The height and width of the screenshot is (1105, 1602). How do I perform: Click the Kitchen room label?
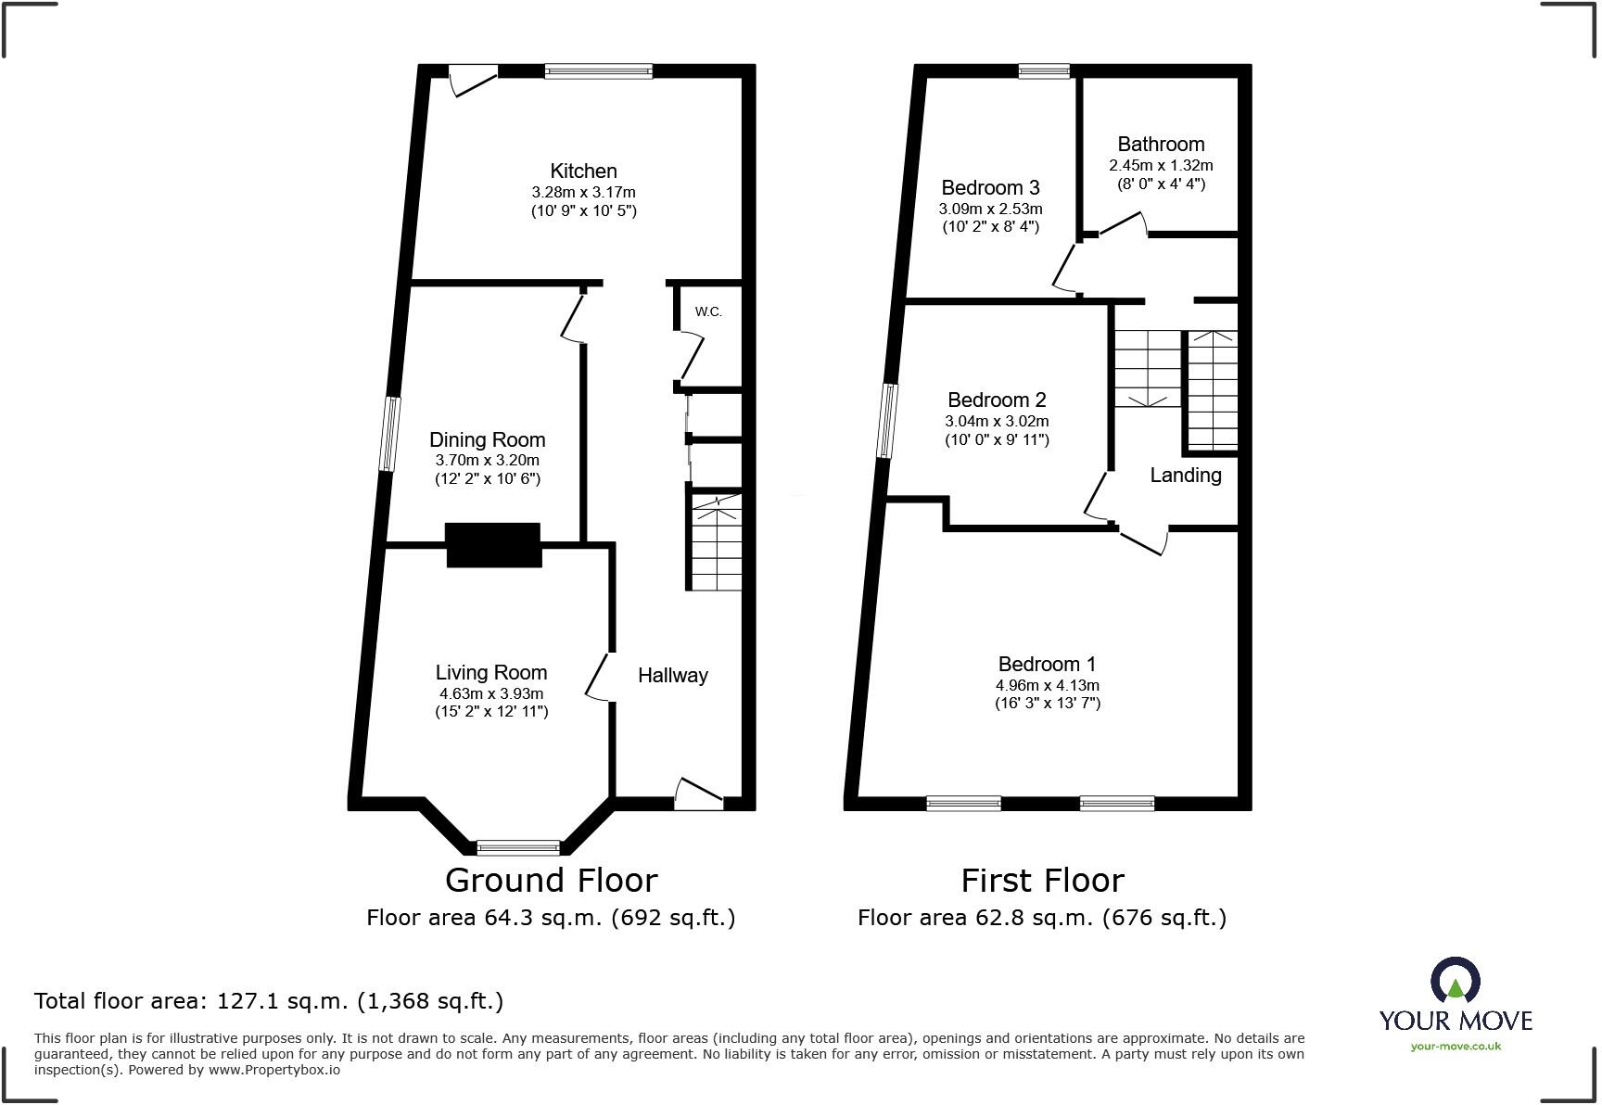click(583, 171)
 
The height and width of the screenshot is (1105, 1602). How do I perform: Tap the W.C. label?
click(708, 311)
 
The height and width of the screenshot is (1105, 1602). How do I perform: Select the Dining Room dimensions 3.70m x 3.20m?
click(487, 460)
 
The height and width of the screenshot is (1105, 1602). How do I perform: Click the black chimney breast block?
click(493, 544)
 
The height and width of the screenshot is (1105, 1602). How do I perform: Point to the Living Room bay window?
click(518, 846)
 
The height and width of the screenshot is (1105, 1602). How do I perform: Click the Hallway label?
click(672, 675)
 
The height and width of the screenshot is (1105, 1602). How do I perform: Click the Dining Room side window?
click(391, 434)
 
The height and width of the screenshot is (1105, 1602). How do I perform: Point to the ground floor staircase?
click(715, 541)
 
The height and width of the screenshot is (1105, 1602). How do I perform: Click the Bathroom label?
click(1161, 144)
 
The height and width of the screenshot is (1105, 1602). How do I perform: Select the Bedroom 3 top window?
click(1044, 70)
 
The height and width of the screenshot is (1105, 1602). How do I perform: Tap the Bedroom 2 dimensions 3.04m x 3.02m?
click(997, 421)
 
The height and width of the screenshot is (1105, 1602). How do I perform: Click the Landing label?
click(1185, 475)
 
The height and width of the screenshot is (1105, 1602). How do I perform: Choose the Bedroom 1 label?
click(1047, 664)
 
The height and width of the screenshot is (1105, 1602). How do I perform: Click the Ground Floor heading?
click(551, 880)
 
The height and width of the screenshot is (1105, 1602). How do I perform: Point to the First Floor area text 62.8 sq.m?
click(1041, 918)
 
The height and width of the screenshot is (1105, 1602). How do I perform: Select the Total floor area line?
click(269, 1001)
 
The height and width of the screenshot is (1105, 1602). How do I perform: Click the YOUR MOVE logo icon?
click(1455, 980)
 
